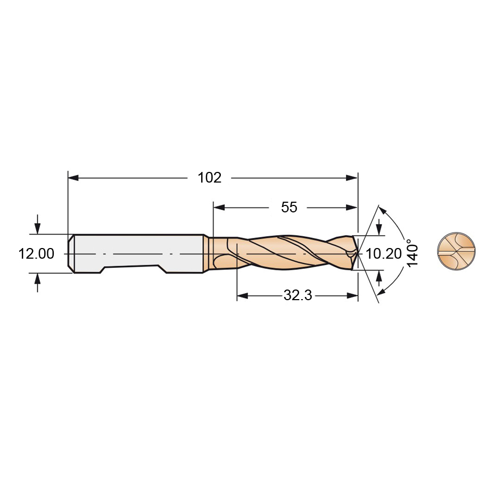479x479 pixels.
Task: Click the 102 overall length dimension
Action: [210, 178]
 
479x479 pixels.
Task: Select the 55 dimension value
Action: [289, 208]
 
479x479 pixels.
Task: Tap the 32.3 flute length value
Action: [298, 295]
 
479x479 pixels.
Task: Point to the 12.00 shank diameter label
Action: [36, 254]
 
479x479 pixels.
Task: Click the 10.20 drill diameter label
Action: [383, 254]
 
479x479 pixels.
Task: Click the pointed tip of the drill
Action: [359, 253]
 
